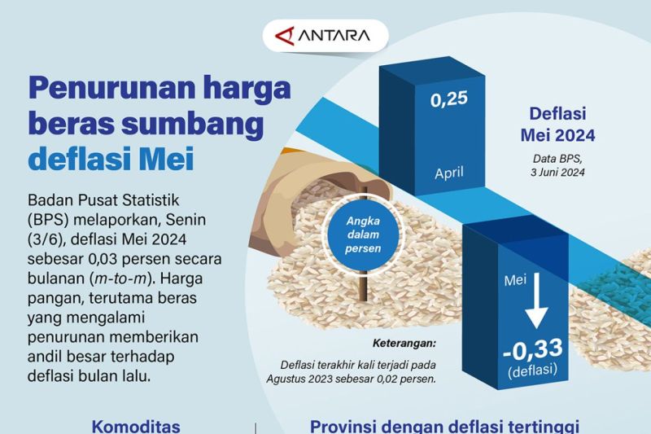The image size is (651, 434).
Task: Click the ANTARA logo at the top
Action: point(325,36)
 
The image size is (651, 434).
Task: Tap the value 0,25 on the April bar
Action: point(450,100)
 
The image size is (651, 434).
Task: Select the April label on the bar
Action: point(450,173)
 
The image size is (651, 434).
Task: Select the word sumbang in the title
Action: point(186,124)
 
